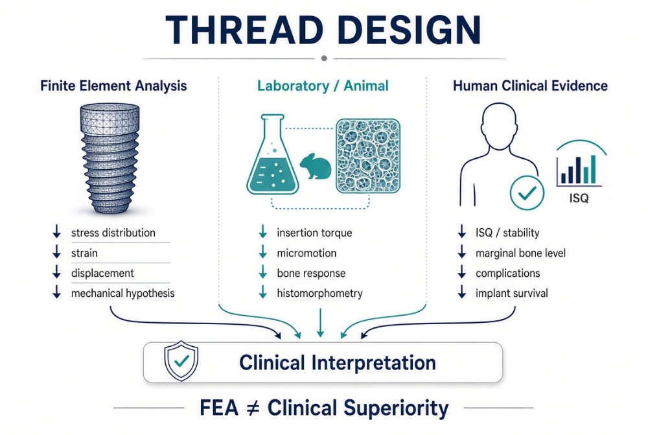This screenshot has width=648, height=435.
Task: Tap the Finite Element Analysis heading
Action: (x=113, y=86)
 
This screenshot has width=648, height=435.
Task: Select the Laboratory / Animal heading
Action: (x=323, y=86)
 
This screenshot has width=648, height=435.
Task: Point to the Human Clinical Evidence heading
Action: (x=530, y=86)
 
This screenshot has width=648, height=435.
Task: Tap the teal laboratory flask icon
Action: (x=273, y=155)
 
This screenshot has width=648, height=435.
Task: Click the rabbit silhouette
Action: (x=316, y=166)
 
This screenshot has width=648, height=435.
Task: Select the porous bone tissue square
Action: (x=368, y=156)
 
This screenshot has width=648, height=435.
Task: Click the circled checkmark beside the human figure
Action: (x=527, y=193)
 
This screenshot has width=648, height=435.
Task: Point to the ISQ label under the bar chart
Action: (x=579, y=198)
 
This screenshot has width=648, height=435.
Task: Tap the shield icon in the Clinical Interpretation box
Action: (x=181, y=361)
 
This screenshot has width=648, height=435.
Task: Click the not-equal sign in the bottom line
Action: (x=253, y=408)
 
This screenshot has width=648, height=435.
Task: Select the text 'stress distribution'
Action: (x=113, y=233)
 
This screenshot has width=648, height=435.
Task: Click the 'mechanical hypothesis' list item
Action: (x=122, y=294)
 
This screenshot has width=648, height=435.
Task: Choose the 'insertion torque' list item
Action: (x=314, y=233)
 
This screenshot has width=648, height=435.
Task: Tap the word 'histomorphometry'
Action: (x=319, y=294)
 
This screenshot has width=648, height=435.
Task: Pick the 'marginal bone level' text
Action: (x=520, y=253)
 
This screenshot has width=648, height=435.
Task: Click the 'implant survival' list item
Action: (x=512, y=294)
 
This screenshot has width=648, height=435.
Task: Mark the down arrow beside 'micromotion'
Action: (x=263, y=252)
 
